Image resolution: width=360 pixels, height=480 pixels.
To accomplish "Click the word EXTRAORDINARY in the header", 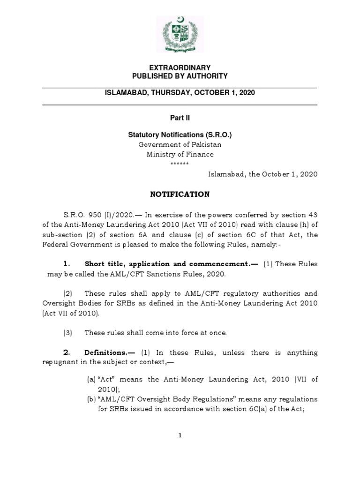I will point(180,68).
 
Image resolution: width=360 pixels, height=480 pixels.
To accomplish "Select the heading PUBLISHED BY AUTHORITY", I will point(180,76).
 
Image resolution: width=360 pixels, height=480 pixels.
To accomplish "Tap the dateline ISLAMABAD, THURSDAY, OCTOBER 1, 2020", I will point(180,93).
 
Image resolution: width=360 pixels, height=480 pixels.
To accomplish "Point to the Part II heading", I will point(180,119).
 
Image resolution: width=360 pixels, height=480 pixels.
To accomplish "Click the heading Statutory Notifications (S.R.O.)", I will point(180,135).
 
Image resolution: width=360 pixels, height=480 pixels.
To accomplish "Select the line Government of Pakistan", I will point(180,145).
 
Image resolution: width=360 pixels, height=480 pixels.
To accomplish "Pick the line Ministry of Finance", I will point(180,154).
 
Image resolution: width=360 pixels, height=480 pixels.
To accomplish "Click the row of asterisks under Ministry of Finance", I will point(180,164).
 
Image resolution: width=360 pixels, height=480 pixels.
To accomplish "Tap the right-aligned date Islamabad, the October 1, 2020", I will point(262,173).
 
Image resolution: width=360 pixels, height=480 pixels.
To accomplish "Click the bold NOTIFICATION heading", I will point(180,194).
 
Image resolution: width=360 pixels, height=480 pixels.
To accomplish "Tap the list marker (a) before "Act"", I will point(91,379).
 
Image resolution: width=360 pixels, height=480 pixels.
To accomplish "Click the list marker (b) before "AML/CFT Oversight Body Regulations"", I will point(91,399).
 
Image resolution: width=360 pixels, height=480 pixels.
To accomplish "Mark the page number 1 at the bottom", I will point(180,435).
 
